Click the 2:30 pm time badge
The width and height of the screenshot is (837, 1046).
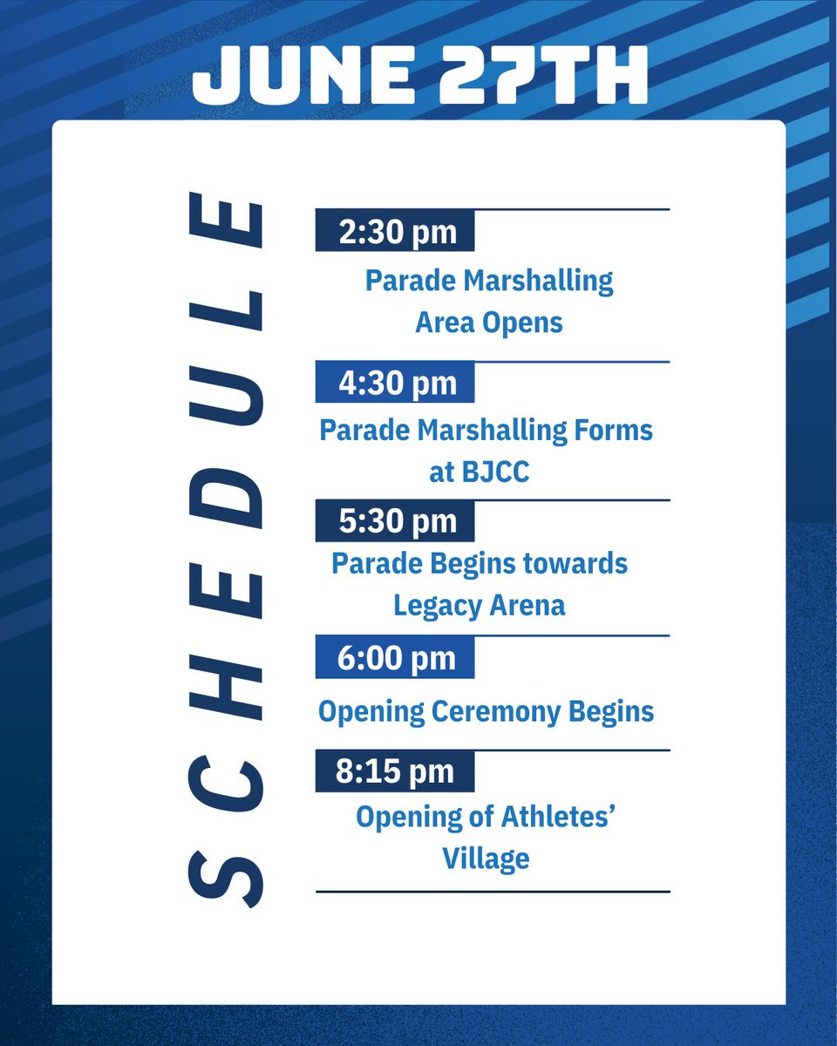(x=395, y=231)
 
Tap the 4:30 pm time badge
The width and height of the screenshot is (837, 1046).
(x=395, y=383)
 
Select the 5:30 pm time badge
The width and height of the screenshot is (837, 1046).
(x=395, y=520)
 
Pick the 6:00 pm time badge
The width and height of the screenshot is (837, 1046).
(x=395, y=657)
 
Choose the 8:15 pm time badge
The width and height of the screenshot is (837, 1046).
(x=395, y=771)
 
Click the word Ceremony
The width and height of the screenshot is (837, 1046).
(x=508, y=712)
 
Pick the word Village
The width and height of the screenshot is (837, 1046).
(x=486, y=859)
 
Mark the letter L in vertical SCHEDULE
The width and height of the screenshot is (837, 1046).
(x=224, y=315)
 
